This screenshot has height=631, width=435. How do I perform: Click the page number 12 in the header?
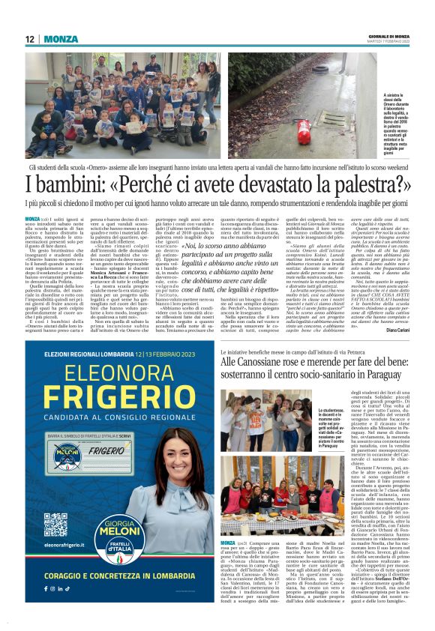tap(30, 39)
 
